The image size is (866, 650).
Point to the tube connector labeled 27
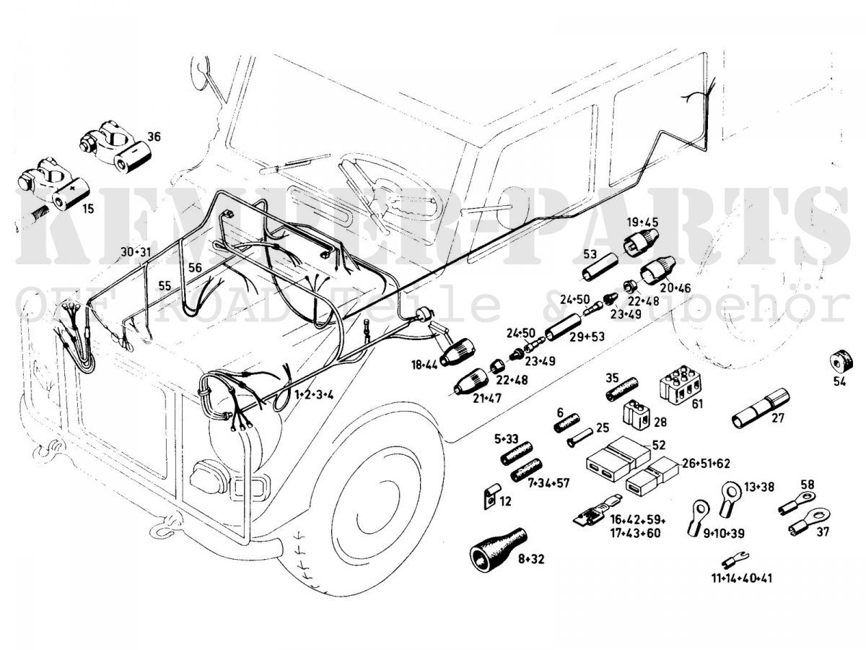coord(761,409)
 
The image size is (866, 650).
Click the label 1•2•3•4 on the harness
coord(313,394)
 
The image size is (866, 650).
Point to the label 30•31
coord(136,252)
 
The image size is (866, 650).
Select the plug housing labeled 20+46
coord(656,270)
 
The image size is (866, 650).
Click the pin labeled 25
coord(580,438)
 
